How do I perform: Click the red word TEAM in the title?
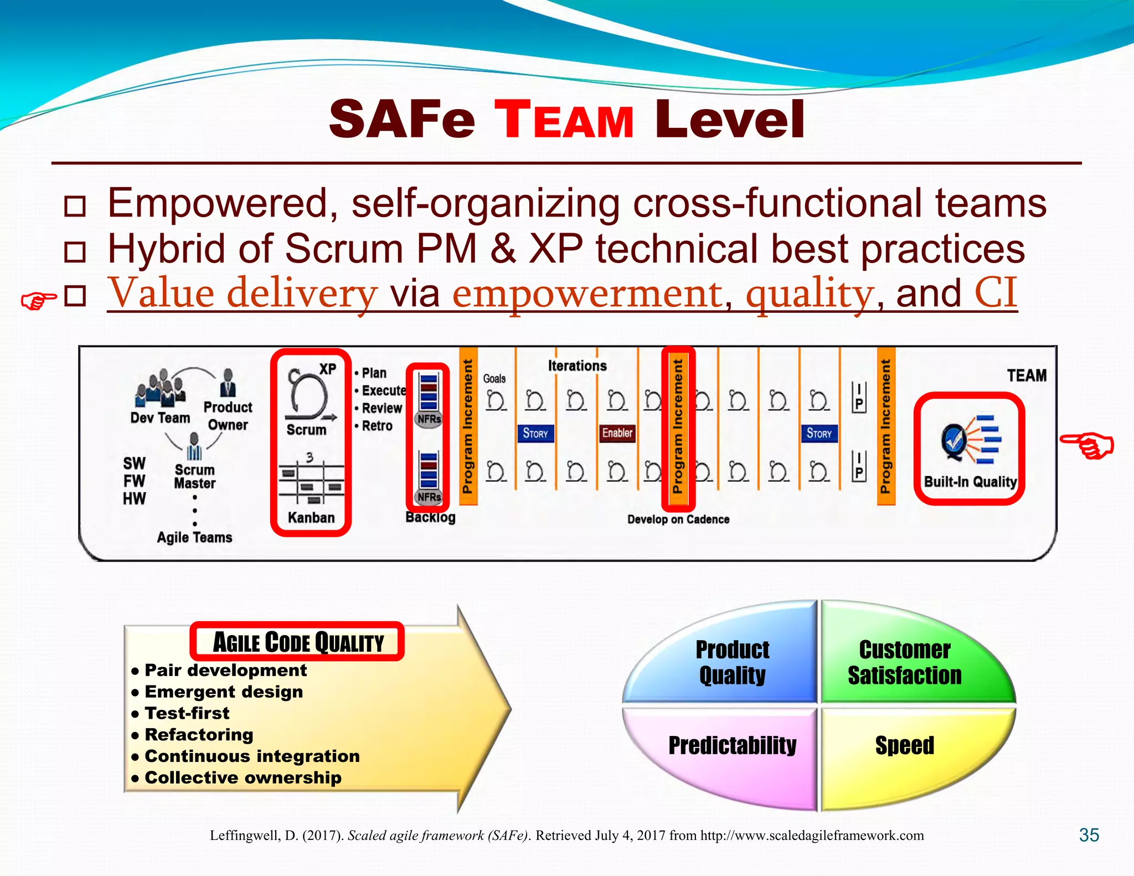[564, 120]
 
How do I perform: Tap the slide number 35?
[1089, 835]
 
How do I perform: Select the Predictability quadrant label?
[732, 745]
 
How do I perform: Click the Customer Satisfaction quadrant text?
[904, 663]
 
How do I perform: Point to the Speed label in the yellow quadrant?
[904, 745]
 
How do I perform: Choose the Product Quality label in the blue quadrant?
[732, 663]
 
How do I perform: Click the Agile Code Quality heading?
[298, 642]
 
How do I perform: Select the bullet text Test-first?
[187, 713]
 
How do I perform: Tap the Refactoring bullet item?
[199, 735]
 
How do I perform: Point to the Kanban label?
[311, 518]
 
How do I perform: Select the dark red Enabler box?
[617, 433]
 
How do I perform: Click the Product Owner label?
[228, 416]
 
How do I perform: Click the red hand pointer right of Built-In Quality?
[1087, 446]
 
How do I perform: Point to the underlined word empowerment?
[587, 293]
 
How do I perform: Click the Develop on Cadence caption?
[678, 519]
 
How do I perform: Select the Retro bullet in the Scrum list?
[377, 426]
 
